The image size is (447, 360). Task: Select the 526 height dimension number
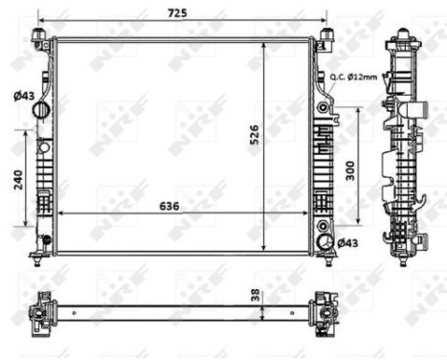pyautogui.click(x=255, y=138)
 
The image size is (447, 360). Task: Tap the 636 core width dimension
pyautogui.click(x=168, y=205)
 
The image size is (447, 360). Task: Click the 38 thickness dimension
pyautogui.click(x=255, y=297)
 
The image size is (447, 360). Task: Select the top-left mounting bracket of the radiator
pyautogui.click(x=40, y=39)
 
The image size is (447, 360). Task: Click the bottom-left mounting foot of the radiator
pyautogui.click(x=36, y=257)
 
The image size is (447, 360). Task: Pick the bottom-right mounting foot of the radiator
pyautogui.click(x=328, y=257)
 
